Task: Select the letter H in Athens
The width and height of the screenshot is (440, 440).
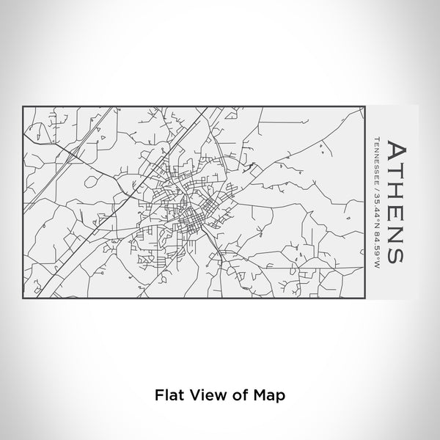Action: click(395, 191)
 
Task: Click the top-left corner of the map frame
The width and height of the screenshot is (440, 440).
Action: click(24, 106)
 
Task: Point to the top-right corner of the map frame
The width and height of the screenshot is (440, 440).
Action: click(364, 106)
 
